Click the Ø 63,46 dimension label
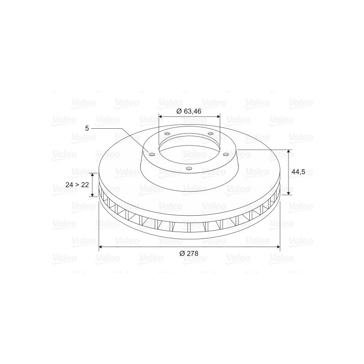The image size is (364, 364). click(189, 111)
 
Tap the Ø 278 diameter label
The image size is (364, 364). click(189, 253)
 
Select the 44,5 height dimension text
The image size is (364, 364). click(298, 172)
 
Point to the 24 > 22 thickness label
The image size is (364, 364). click(77, 185)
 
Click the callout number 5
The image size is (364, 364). click(87, 128)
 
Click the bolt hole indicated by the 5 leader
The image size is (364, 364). click(152, 155)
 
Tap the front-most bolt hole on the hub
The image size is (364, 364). click(189, 168)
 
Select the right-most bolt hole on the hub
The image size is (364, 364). click(225, 154)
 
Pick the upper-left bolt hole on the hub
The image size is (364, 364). click(167, 134)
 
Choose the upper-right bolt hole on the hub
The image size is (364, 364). click(210, 133)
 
